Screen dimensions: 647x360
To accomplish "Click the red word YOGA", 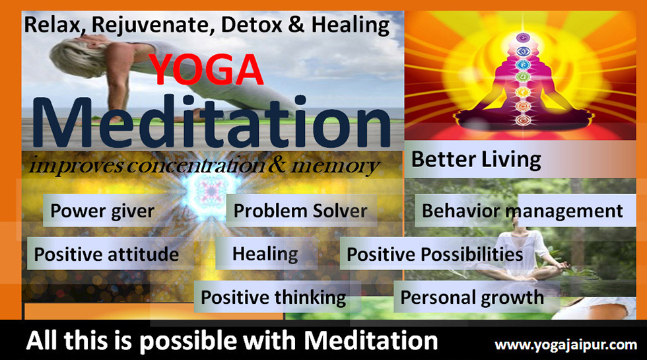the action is coord(205,70).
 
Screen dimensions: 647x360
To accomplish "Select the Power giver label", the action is coord(102,211).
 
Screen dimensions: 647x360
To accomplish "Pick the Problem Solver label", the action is coord(301,211).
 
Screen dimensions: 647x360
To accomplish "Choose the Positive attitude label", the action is coord(106,254).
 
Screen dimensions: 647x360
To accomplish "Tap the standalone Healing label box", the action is coord(266,254).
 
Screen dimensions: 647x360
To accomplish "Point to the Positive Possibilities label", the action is coord(435,254).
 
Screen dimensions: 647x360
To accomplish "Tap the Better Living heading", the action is coord(476,160).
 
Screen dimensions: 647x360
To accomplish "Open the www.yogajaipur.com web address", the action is coord(566,345).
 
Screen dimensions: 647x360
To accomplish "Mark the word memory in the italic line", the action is coord(335,166).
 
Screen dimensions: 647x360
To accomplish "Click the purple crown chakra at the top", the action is coord(523,38).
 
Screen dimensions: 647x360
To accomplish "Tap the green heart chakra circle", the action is coord(523,77).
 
